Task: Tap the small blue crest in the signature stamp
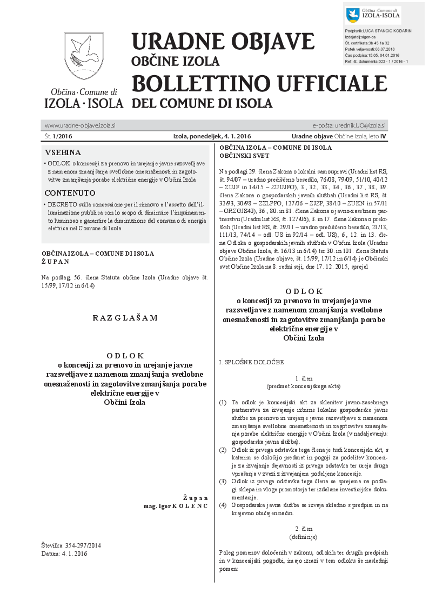pos(352,15)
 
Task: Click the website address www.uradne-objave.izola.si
pos(80,125)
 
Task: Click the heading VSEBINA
pos(63,152)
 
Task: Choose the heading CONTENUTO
pos(70,193)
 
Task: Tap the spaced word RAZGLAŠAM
pos(125,318)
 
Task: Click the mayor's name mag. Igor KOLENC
pos(175,506)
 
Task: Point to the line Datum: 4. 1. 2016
pos(64,553)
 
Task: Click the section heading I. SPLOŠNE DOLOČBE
pos(251,362)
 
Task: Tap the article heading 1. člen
pos(304,378)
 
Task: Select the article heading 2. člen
pos(304,528)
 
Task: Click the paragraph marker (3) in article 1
pos(223,481)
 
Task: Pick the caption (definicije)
pos(304,536)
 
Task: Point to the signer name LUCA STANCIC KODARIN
pos(385,31)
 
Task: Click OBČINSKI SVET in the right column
pos(244,156)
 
